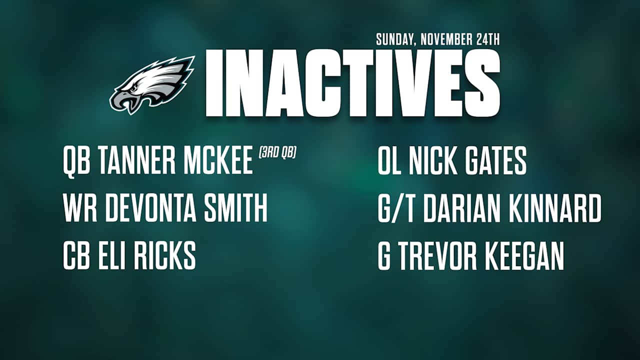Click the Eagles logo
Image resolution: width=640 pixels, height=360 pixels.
[x=152, y=84]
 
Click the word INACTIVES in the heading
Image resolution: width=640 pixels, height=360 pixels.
[x=352, y=83]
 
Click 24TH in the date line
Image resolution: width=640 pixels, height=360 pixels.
[x=487, y=40]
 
